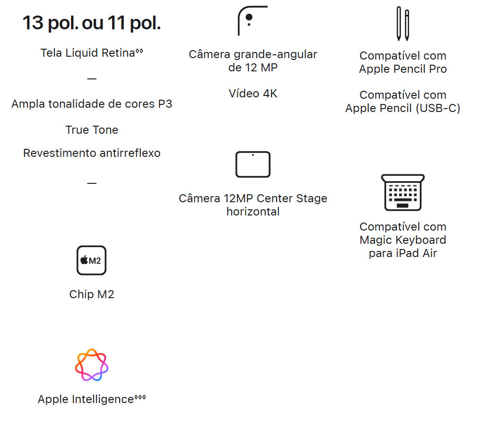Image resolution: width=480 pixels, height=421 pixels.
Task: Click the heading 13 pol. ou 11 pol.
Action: pyautogui.click(x=92, y=23)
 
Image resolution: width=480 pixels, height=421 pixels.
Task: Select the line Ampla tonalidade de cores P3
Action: pyautogui.click(x=92, y=104)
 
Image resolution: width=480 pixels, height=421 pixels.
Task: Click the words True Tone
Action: pyautogui.click(x=92, y=130)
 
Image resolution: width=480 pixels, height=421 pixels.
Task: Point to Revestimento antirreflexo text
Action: pyautogui.click(x=92, y=153)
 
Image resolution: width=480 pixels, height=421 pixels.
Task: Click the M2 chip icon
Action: pyautogui.click(x=91, y=260)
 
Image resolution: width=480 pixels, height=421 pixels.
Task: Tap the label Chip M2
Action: pyautogui.click(x=92, y=294)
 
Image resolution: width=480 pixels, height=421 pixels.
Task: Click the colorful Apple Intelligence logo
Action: pyautogui.click(x=92, y=365)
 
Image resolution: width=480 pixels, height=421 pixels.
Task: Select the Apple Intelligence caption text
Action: pyautogui.click(x=86, y=399)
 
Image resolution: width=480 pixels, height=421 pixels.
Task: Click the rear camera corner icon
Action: pyautogui.click(x=252, y=21)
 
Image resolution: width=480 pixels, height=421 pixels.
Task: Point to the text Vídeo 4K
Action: pyautogui.click(x=253, y=94)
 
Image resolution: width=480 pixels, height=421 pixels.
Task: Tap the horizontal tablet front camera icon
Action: pyautogui.click(x=253, y=164)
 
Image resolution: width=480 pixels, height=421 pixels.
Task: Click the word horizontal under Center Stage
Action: pyautogui.click(x=253, y=212)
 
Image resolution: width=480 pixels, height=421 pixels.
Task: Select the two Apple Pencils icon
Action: pyautogui.click(x=402, y=24)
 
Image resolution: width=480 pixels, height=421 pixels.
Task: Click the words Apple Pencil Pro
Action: pyautogui.click(x=403, y=69)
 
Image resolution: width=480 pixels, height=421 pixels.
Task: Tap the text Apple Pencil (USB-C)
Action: pyautogui.click(x=403, y=108)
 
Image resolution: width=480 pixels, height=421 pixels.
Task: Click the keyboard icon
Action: pyautogui.click(x=402, y=192)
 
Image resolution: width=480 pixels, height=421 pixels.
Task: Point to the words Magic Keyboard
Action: pyautogui.click(x=403, y=240)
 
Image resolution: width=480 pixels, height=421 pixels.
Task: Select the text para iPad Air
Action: pyautogui.click(x=403, y=253)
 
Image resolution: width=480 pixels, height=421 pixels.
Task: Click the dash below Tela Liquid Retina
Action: pyautogui.click(x=92, y=78)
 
